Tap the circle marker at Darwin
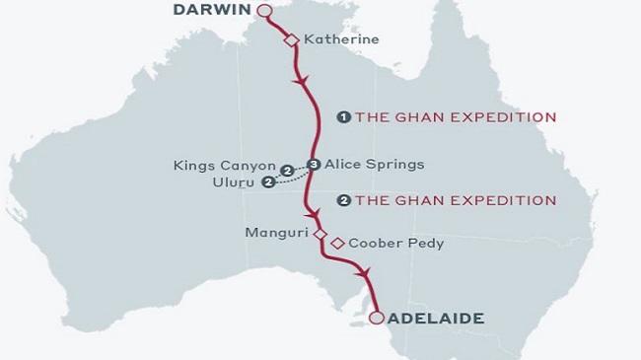263,11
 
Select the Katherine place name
341,40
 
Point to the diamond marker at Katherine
291,39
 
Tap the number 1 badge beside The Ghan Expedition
343,116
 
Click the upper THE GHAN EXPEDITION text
456,116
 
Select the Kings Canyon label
224,165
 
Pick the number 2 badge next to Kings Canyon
287,170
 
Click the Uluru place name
234,182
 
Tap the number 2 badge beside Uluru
267,182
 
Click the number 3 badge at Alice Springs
314,165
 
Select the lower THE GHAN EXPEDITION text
456,200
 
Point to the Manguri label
279,233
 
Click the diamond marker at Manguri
319,234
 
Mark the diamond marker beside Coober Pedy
337,243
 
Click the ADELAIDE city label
436,319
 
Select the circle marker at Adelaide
376,318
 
